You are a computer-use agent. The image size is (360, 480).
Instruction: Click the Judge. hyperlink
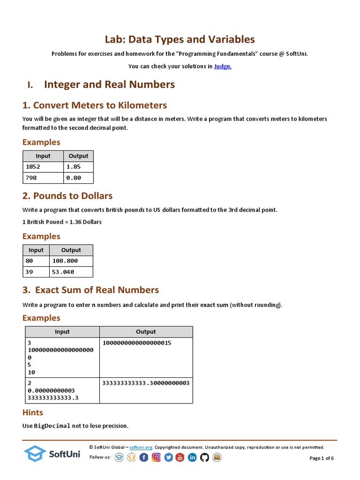223,66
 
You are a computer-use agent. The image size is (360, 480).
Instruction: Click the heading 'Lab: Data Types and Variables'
180,39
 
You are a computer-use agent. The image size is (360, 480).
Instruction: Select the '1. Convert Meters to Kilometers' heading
95,105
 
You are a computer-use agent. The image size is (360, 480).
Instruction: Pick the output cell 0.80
78,178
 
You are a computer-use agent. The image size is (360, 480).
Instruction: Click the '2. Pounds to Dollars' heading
67,195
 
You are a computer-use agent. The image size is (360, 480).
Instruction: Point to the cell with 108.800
71,261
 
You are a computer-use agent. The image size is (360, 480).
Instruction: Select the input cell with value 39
36,272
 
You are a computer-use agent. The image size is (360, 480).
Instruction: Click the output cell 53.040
71,272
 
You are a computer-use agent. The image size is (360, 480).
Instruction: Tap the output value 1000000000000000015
137,343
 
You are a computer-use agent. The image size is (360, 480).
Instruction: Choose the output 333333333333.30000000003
146,383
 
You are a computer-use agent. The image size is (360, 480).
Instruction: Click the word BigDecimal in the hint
52,426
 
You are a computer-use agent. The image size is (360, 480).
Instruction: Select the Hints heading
33,412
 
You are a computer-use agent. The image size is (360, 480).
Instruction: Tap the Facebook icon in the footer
144,457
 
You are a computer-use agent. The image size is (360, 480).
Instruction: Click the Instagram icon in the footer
156,457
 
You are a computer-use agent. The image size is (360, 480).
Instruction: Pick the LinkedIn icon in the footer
192,457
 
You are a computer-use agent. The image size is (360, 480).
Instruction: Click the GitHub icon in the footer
204,457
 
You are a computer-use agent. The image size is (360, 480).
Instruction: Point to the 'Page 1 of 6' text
322,458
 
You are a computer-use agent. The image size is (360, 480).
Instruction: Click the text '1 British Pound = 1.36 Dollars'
62,222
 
